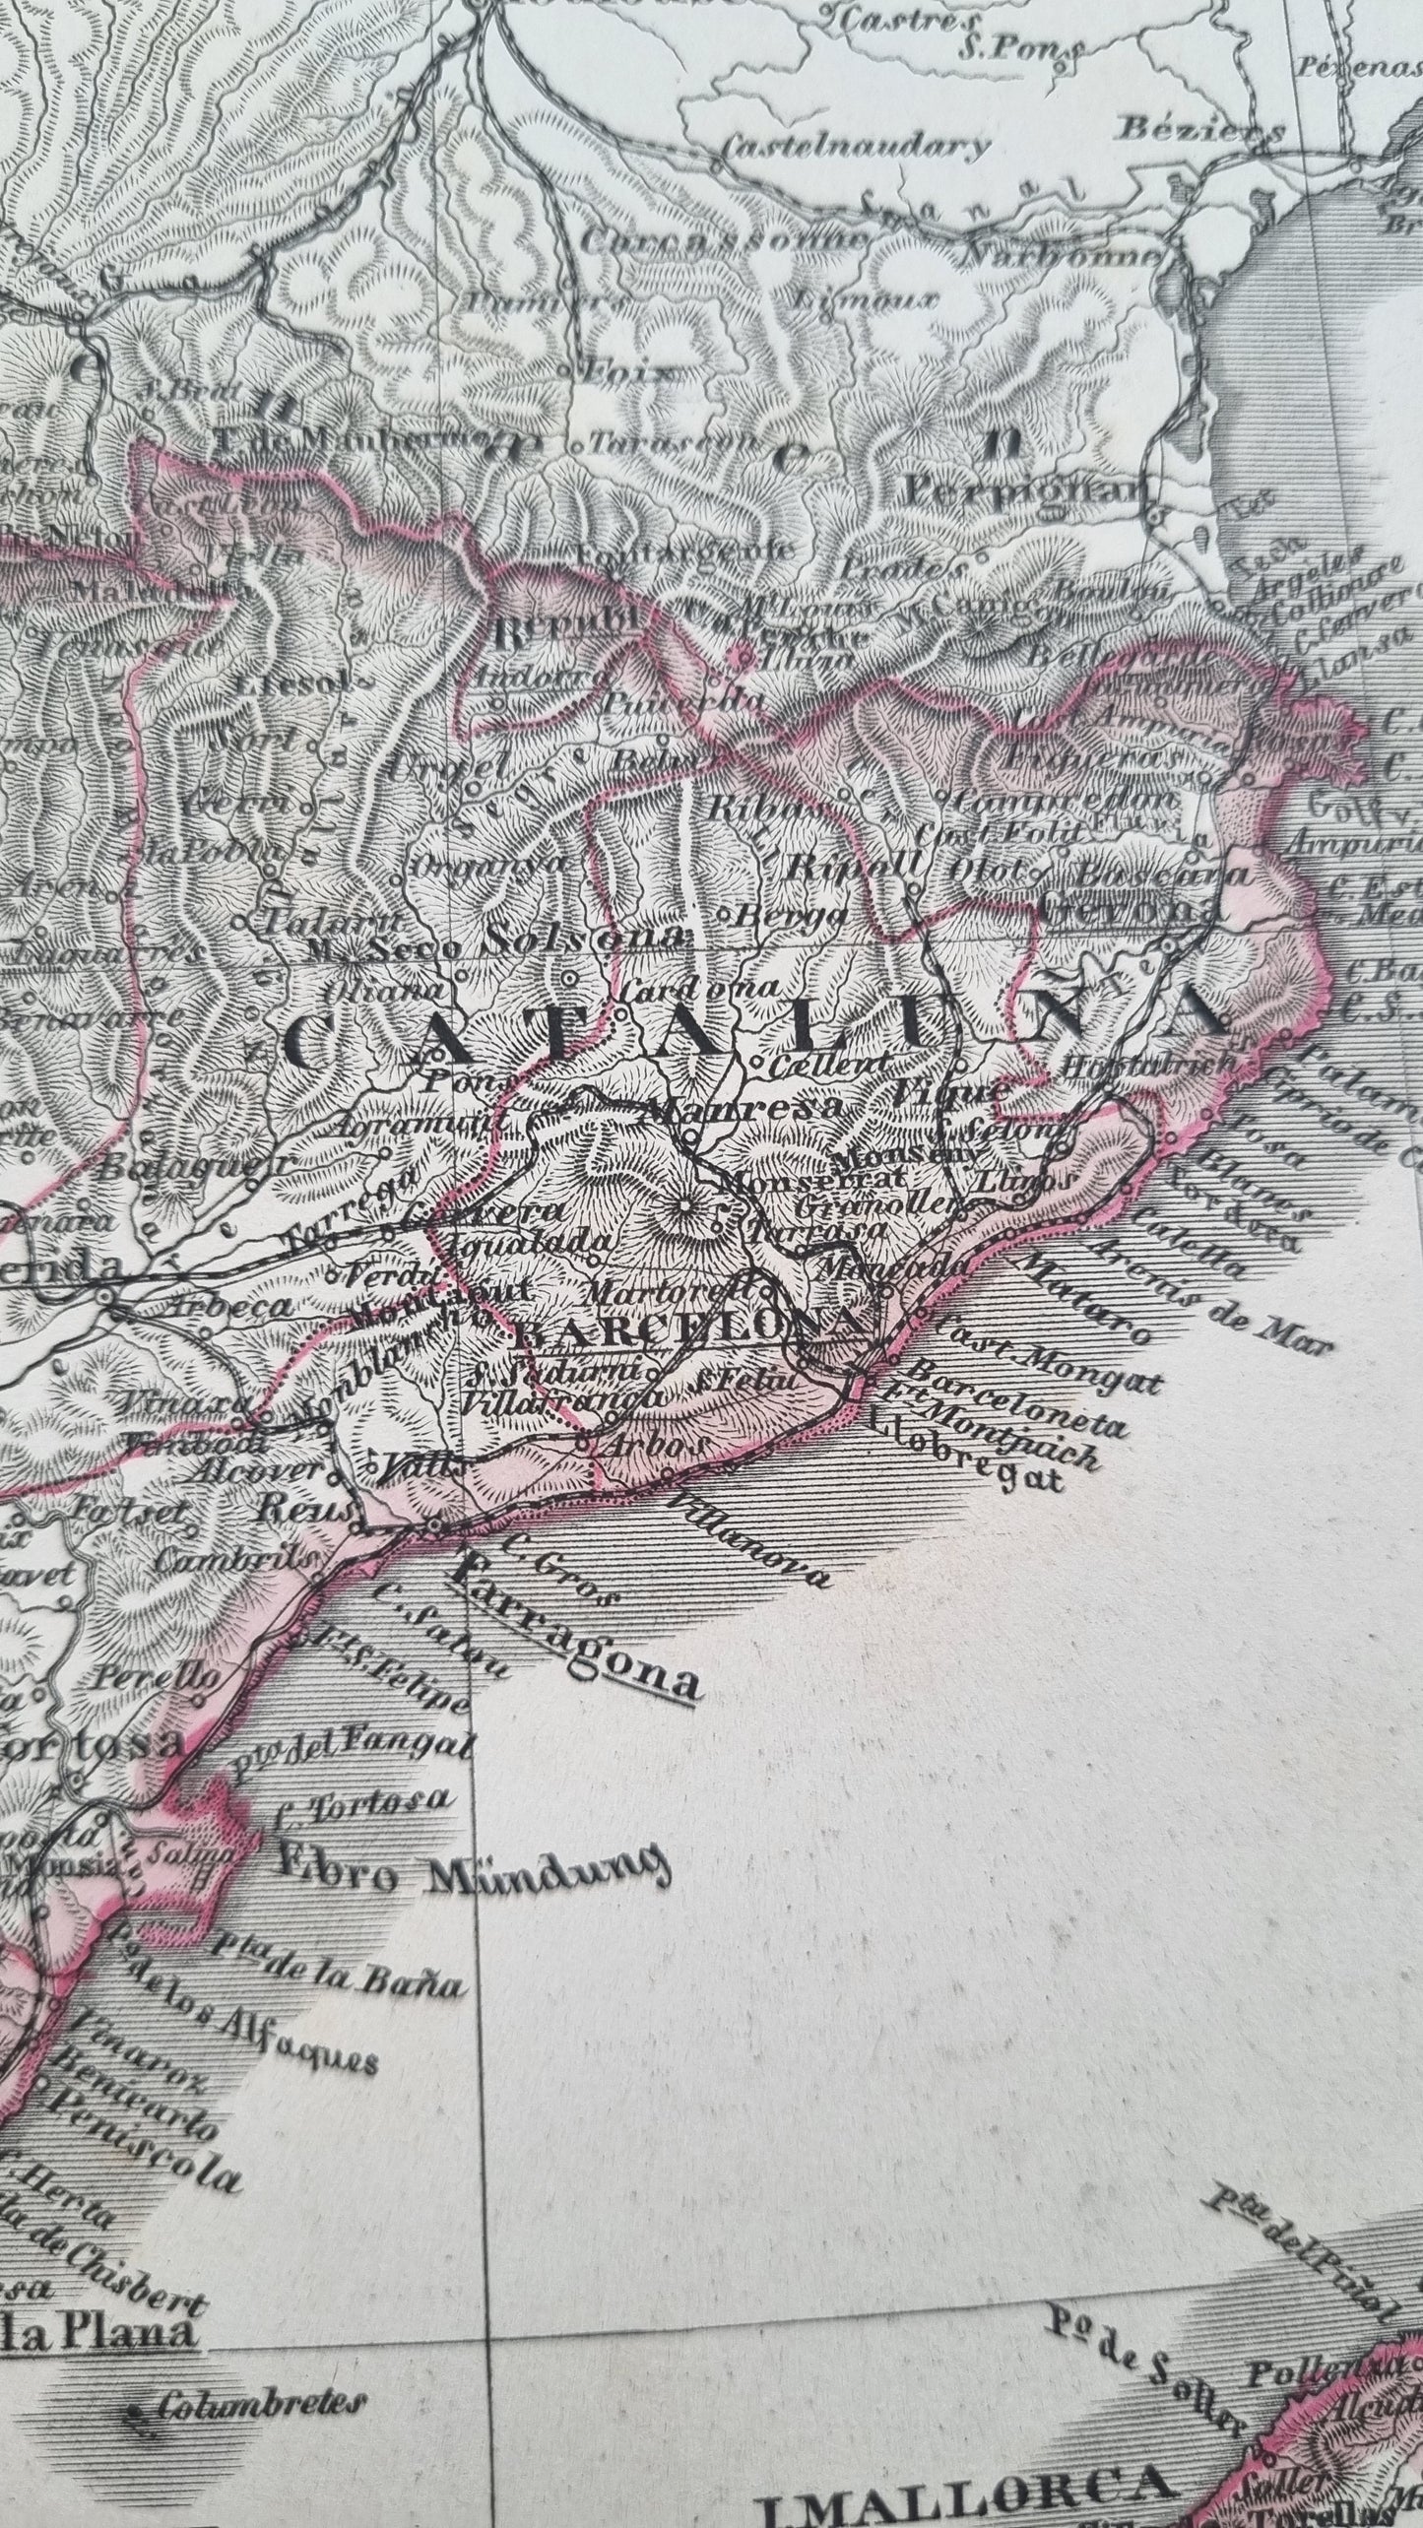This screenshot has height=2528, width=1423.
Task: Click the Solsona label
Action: click(583, 938)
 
